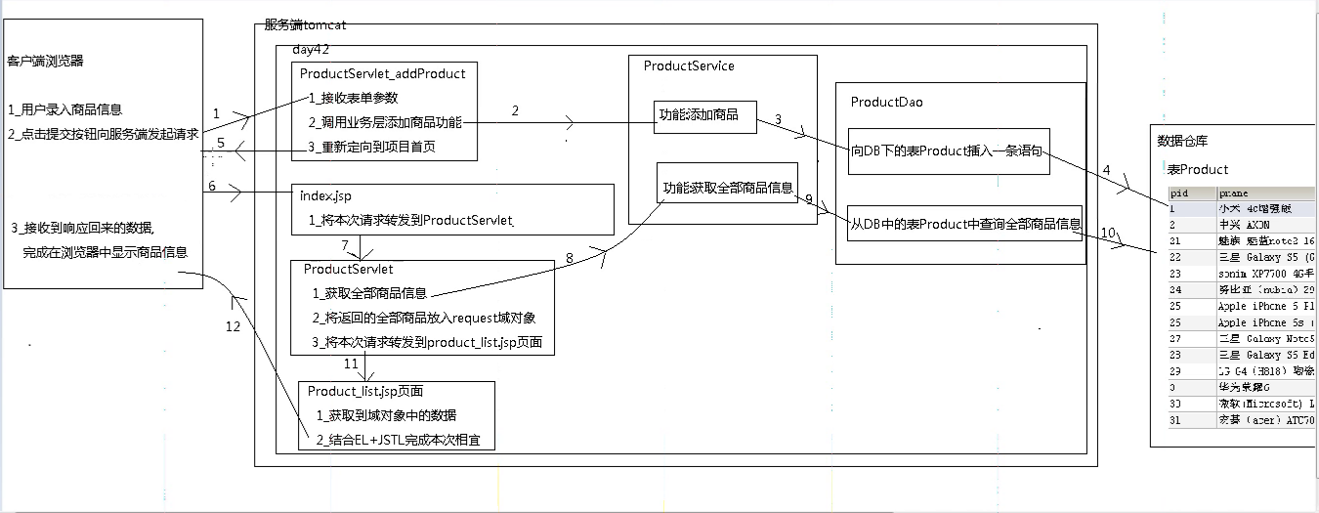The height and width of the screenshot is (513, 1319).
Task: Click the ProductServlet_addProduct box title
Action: click(x=382, y=73)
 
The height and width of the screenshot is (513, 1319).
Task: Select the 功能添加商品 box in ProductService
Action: click(x=704, y=115)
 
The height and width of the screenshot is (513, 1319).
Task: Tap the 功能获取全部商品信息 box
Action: click(x=728, y=189)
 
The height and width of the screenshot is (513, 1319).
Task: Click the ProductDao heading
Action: click(x=886, y=102)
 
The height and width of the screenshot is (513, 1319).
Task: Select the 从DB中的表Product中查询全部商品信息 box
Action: click(x=965, y=225)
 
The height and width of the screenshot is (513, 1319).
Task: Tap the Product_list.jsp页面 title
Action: click(x=364, y=391)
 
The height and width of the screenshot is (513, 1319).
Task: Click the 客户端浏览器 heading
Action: click(x=45, y=61)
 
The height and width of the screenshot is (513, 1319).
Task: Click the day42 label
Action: click(x=311, y=49)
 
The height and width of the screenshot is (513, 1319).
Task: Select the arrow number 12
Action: click(x=232, y=327)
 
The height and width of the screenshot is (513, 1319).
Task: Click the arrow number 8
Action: click(x=570, y=258)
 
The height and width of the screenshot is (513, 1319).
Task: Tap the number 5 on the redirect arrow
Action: click(x=221, y=143)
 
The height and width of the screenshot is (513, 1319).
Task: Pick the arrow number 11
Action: click(x=350, y=363)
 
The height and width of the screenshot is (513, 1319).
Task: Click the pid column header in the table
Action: click(x=1179, y=193)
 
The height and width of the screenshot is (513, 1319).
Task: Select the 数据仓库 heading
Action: click(x=1184, y=142)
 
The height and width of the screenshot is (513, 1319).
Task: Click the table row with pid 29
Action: click(x=1241, y=371)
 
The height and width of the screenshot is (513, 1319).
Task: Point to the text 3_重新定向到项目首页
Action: click(x=371, y=147)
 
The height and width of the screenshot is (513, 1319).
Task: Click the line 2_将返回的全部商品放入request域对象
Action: click(x=423, y=318)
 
